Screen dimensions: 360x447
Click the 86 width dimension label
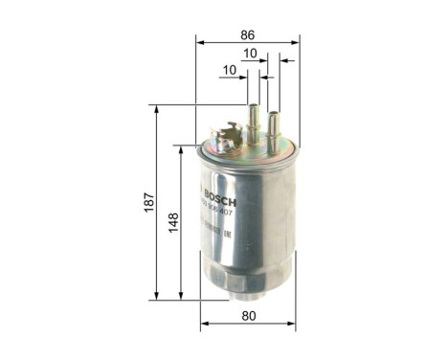pyautogui.click(x=246, y=30)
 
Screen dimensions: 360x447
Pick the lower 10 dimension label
pyautogui.click(x=229, y=70)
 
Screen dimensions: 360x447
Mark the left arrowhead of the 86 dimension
pyautogui.click(x=200, y=41)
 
